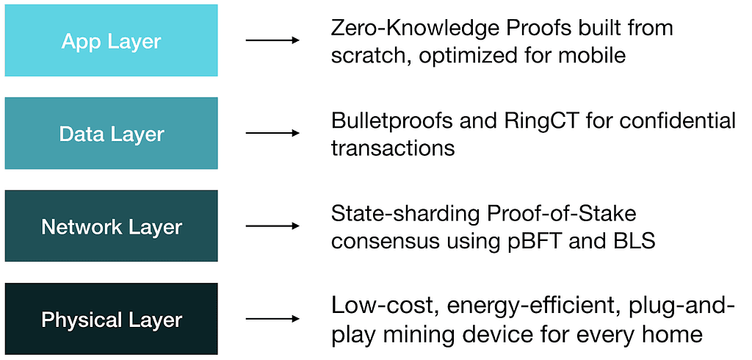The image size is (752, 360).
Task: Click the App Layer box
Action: click(x=112, y=40)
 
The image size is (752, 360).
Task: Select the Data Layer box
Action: click(x=112, y=133)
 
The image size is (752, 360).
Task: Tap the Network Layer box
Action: click(x=112, y=226)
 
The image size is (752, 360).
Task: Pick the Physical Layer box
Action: click(x=112, y=319)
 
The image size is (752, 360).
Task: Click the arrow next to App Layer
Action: click(x=272, y=40)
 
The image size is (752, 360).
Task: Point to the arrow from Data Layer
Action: click(x=272, y=133)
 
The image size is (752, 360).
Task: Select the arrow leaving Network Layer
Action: click(x=272, y=226)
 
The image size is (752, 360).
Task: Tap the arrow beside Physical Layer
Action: click(x=272, y=319)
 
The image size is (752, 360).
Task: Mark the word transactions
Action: click(x=393, y=149)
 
